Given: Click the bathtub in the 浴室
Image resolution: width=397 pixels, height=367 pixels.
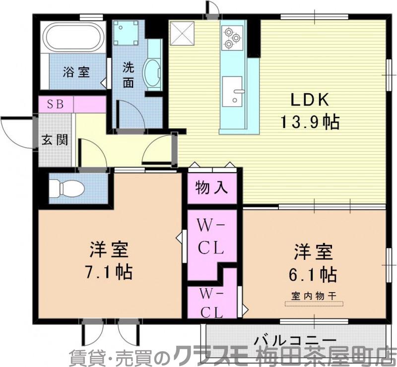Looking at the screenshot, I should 73,36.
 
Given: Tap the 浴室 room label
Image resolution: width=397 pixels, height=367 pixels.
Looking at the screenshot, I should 76,72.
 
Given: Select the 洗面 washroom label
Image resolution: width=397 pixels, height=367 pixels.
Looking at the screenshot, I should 129,74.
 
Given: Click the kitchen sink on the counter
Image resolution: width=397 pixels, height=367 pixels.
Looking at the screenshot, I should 232,91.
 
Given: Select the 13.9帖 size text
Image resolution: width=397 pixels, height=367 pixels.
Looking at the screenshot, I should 310,122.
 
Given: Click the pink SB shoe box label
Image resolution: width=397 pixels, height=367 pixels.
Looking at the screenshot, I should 55,105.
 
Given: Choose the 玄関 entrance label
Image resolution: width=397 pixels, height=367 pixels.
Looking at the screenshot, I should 55,140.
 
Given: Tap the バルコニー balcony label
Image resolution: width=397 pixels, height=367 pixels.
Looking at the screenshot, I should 295,341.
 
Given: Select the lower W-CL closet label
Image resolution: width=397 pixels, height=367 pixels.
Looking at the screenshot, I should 211,303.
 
